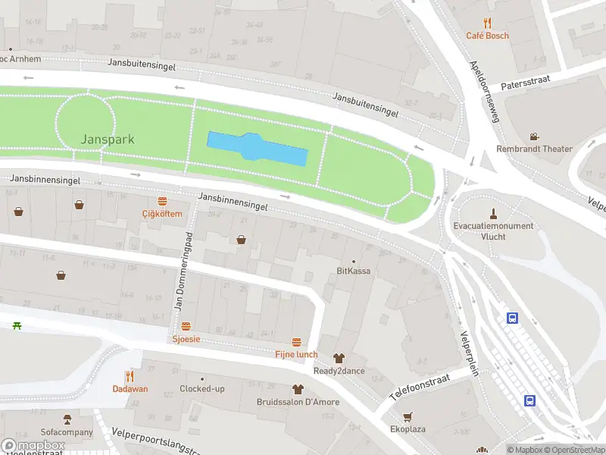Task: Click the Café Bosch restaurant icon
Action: (487, 23)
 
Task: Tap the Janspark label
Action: (108, 140)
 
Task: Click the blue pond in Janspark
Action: (258, 149)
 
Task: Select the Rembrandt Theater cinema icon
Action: (534, 136)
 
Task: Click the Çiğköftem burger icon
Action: (162, 201)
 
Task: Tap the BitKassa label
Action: (353, 271)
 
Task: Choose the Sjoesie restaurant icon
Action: (186, 326)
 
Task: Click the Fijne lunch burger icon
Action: (296, 342)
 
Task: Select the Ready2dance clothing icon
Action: (338, 358)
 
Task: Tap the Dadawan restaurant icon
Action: (130, 376)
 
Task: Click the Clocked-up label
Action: (202, 389)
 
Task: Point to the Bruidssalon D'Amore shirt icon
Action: (297, 388)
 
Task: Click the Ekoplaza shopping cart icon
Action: (408, 416)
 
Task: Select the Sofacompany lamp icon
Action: (67, 419)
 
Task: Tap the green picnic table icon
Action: (17, 325)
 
